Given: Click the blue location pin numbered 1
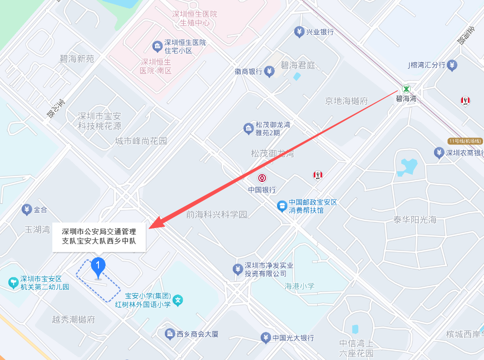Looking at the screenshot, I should pyautogui.click(x=98, y=266).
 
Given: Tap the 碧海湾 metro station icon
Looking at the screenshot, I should pyautogui.click(x=406, y=89).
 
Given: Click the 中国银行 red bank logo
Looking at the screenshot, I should pyautogui.click(x=262, y=178).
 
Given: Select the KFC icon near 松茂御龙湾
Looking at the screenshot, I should pyautogui.click(x=318, y=175).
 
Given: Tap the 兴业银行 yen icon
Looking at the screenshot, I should pyautogui.click(x=299, y=32).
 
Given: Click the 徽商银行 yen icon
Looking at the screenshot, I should pyautogui.click(x=269, y=72).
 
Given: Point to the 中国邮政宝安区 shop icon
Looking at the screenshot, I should pyautogui.click(x=282, y=206).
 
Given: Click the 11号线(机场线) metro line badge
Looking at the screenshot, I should pyautogui.click(x=465, y=141).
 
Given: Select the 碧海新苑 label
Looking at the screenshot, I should pyautogui.click(x=77, y=59).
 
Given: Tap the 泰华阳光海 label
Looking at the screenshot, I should pyautogui.click(x=415, y=220).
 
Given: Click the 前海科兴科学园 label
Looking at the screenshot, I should pyautogui.click(x=216, y=215).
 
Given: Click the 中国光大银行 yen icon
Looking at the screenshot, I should pyautogui.click(x=265, y=337).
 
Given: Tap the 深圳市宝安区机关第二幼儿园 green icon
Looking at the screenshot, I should pyautogui.click(x=13, y=282).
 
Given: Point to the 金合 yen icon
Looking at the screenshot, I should pyautogui.click(x=27, y=210).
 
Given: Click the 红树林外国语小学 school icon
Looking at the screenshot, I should pyautogui.click(x=178, y=301).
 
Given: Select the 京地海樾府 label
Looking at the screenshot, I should pyautogui.click(x=347, y=101).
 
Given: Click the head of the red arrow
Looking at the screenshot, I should pyautogui.click(x=152, y=226).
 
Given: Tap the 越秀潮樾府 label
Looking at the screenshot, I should pyautogui.click(x=73, y=320).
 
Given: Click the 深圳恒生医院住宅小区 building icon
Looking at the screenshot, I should pyautogui.click(x=157, y=46).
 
